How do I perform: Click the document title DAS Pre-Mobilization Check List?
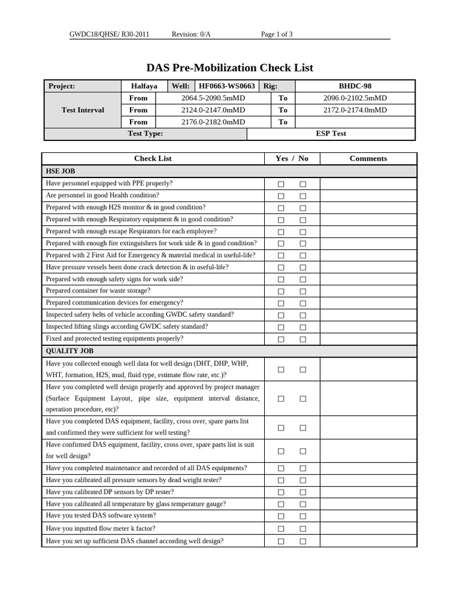coord(229,68)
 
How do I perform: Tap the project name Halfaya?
coord(144,86)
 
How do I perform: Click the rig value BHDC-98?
coord(355,86)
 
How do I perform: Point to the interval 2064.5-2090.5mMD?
coord(213,98)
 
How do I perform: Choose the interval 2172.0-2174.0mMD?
coord(355,110)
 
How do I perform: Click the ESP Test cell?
coord(331,134)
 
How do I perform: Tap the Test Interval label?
coord(83,110)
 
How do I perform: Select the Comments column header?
coord(368,158)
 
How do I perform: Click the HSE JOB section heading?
coord(60,171)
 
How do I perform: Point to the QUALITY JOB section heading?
coord(69,351)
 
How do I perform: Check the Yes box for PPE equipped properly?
coord(281,184)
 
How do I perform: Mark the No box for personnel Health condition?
coord(303,196)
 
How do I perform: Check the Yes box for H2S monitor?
coord(281,208)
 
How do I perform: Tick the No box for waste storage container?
coord(303,291)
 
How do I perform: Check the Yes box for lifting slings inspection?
coord(281,327)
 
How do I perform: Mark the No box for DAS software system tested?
coord(303,516)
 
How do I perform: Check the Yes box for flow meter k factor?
coord(281,529)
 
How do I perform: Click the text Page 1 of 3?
coord(277,34)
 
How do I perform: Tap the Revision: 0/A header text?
coord(191,34)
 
